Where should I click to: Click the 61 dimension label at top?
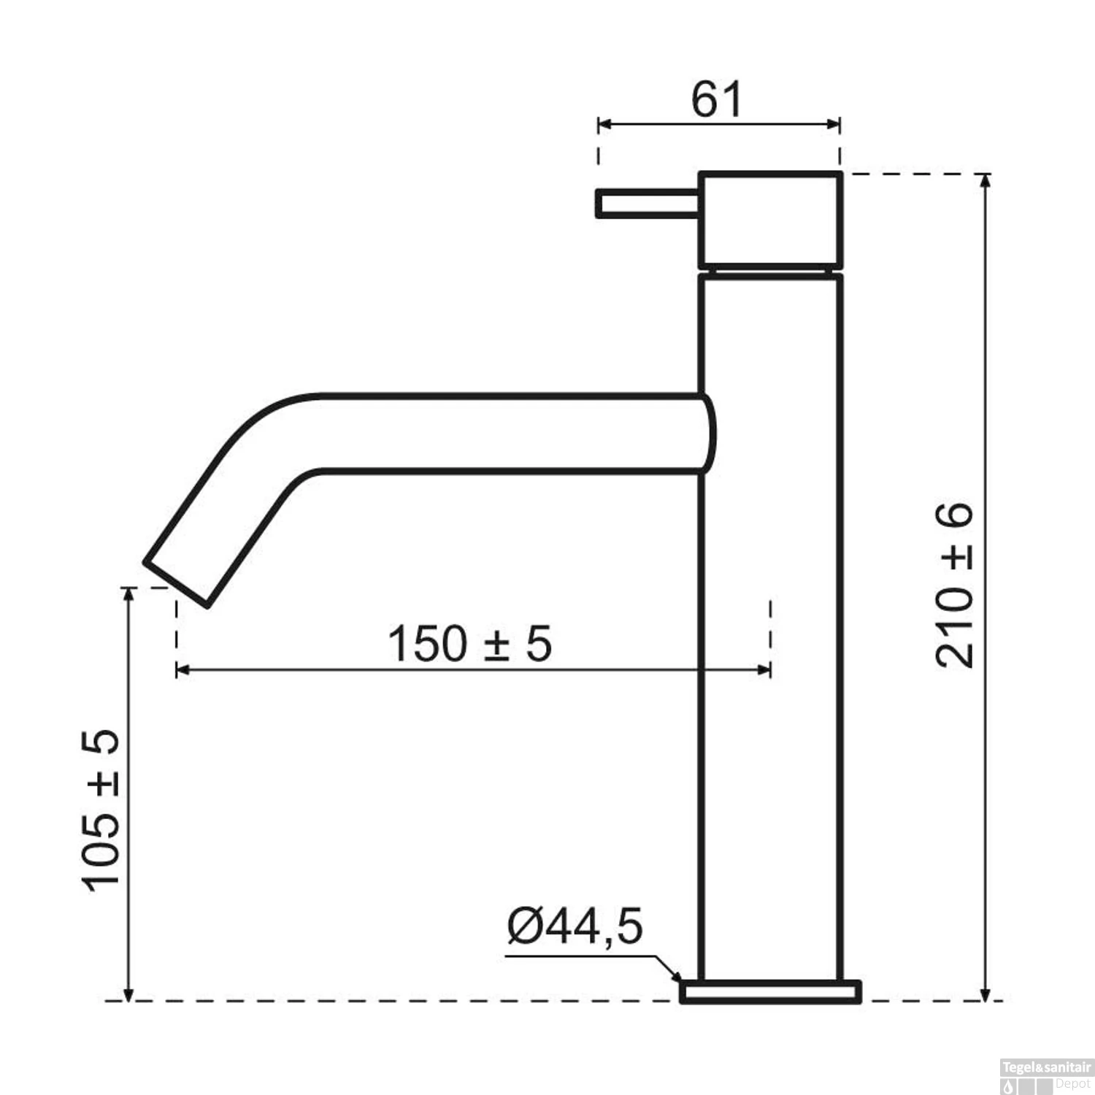pyautogui.click(x=717, y=99)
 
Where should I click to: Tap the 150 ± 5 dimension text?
pyautogui.click(x=469, y=644)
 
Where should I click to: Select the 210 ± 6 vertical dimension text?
pyautogui.click(x=954, y=585)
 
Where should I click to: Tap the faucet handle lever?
pyautogui.click(x=648, y=203)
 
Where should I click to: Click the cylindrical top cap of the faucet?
pyautogui.click(x=771, y=220)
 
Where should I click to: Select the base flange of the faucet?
pyautogui.click(x=770, y=991)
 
